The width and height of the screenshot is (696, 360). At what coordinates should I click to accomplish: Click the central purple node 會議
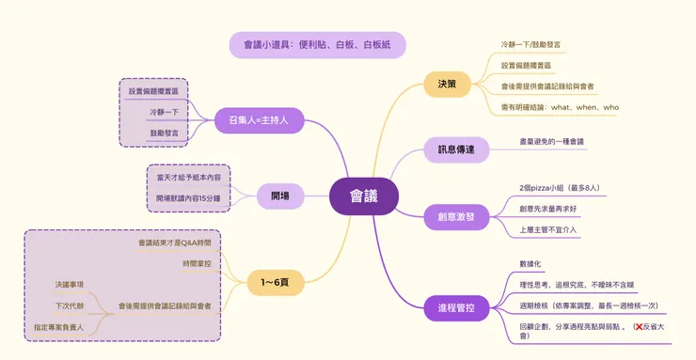point(363,196)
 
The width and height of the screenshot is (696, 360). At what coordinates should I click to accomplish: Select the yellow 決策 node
point(447,85)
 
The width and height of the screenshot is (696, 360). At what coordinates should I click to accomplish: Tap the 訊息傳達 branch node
point(456,149)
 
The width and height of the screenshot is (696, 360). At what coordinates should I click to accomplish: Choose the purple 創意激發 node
point(456,216)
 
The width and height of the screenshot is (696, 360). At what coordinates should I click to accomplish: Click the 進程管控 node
point(456,307)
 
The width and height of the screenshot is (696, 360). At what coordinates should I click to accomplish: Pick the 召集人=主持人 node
point(258,119)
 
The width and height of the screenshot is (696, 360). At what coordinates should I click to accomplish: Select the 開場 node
point(279,196)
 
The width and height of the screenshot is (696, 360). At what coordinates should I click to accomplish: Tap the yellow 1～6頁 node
point(274,282)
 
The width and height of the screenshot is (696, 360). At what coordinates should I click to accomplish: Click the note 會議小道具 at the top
point(317,44)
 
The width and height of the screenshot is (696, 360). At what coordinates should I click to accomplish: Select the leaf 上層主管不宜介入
point(548,228)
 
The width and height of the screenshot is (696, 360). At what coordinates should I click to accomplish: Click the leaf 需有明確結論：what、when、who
point(560,107)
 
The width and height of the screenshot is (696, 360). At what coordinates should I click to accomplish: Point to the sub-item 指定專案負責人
point(58,327)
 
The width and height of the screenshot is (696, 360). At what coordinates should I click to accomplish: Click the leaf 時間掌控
point(197,264)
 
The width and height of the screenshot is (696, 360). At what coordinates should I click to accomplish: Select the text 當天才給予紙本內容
point(188,177)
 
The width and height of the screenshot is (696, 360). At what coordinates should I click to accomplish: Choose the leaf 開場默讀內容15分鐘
point(188,198)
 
